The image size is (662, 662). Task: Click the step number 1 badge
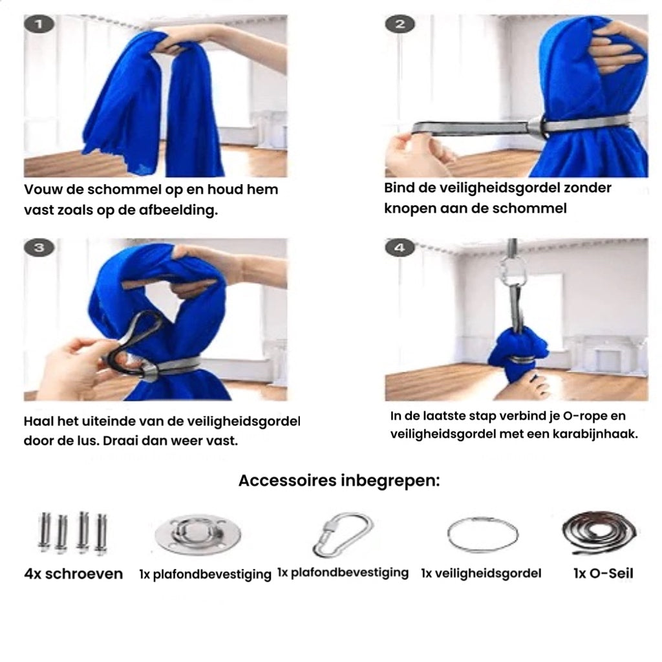(x=39, y=25)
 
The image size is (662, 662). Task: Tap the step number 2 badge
(x=400, y=25)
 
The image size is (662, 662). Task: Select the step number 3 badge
(x=39, y=248)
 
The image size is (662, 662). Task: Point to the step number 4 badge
(x=400, y=248)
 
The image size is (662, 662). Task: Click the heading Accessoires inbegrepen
(x=339, y=481)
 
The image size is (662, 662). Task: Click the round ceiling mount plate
(x=198, y=534)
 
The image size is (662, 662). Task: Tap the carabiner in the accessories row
(x=343, y=534)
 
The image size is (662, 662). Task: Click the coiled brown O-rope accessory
(x=599, y=533)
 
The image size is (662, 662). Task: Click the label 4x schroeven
(x=73, y=574)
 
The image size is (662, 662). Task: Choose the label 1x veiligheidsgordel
(x=481, y=573)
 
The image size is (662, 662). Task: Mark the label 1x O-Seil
(x=603, y=573)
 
